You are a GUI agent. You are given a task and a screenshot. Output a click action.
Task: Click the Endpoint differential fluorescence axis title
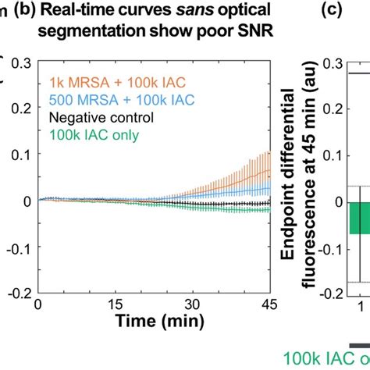[304, 176]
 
